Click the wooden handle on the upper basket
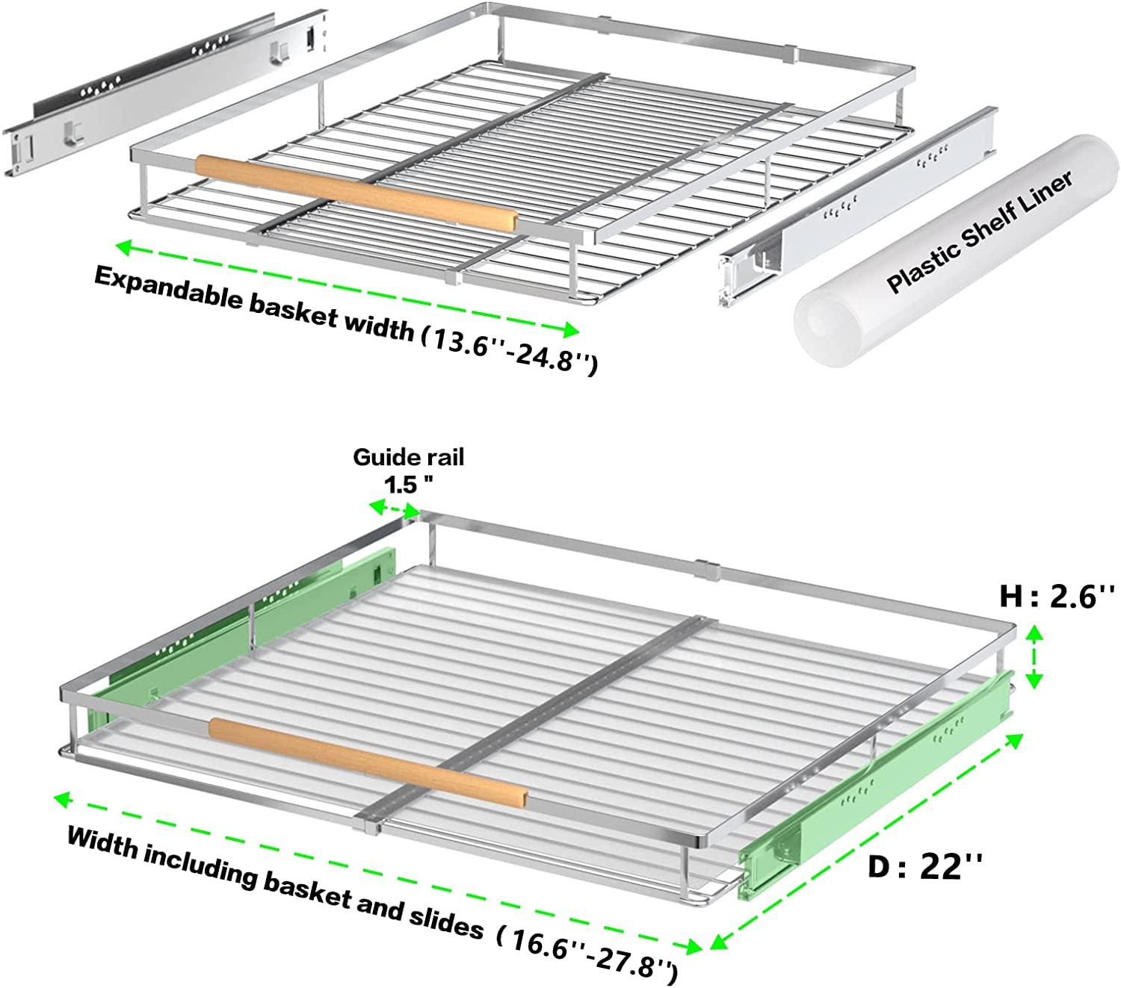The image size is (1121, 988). point(357,193)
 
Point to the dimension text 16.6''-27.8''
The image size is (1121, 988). point(587,955)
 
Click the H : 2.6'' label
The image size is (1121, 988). point(1057,597)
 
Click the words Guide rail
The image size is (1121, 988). point(408,457)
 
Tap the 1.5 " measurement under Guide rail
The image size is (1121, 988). point(408,485)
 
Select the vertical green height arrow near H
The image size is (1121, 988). point(1035,657)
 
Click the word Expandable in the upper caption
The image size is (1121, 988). point(169,289)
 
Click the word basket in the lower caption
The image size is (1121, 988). point(306,892)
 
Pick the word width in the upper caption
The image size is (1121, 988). point(380,326)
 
